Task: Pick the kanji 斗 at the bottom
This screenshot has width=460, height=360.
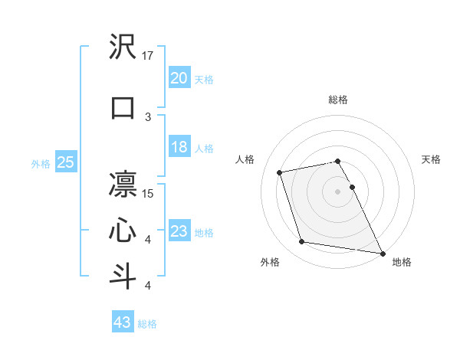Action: click(123, 277)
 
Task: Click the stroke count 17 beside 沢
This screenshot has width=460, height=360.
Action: click(148, 55)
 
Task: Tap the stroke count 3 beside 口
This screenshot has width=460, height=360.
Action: click(148, 116)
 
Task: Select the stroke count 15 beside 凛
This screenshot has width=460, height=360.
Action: click(148, 193)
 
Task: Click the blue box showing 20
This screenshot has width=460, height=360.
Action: click(179, 78)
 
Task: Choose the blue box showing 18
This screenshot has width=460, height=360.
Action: click(179, 147)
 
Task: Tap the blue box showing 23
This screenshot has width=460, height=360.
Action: click(179, 231)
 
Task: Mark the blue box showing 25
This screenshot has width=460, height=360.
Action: click(66, 162)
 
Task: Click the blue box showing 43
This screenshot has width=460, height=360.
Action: click(123, 322)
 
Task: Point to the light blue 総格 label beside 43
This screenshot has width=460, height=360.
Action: click(147, 324)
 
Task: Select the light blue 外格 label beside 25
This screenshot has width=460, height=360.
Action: click(41, 163)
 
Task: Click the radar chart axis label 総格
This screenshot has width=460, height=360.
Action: click(338, 100)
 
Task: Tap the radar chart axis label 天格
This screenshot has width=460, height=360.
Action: click(431, 159)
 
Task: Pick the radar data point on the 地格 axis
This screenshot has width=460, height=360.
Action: click(382, 253)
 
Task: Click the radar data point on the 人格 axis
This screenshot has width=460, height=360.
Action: click(280, 172)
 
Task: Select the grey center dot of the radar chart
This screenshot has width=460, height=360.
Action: click(338, 191)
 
